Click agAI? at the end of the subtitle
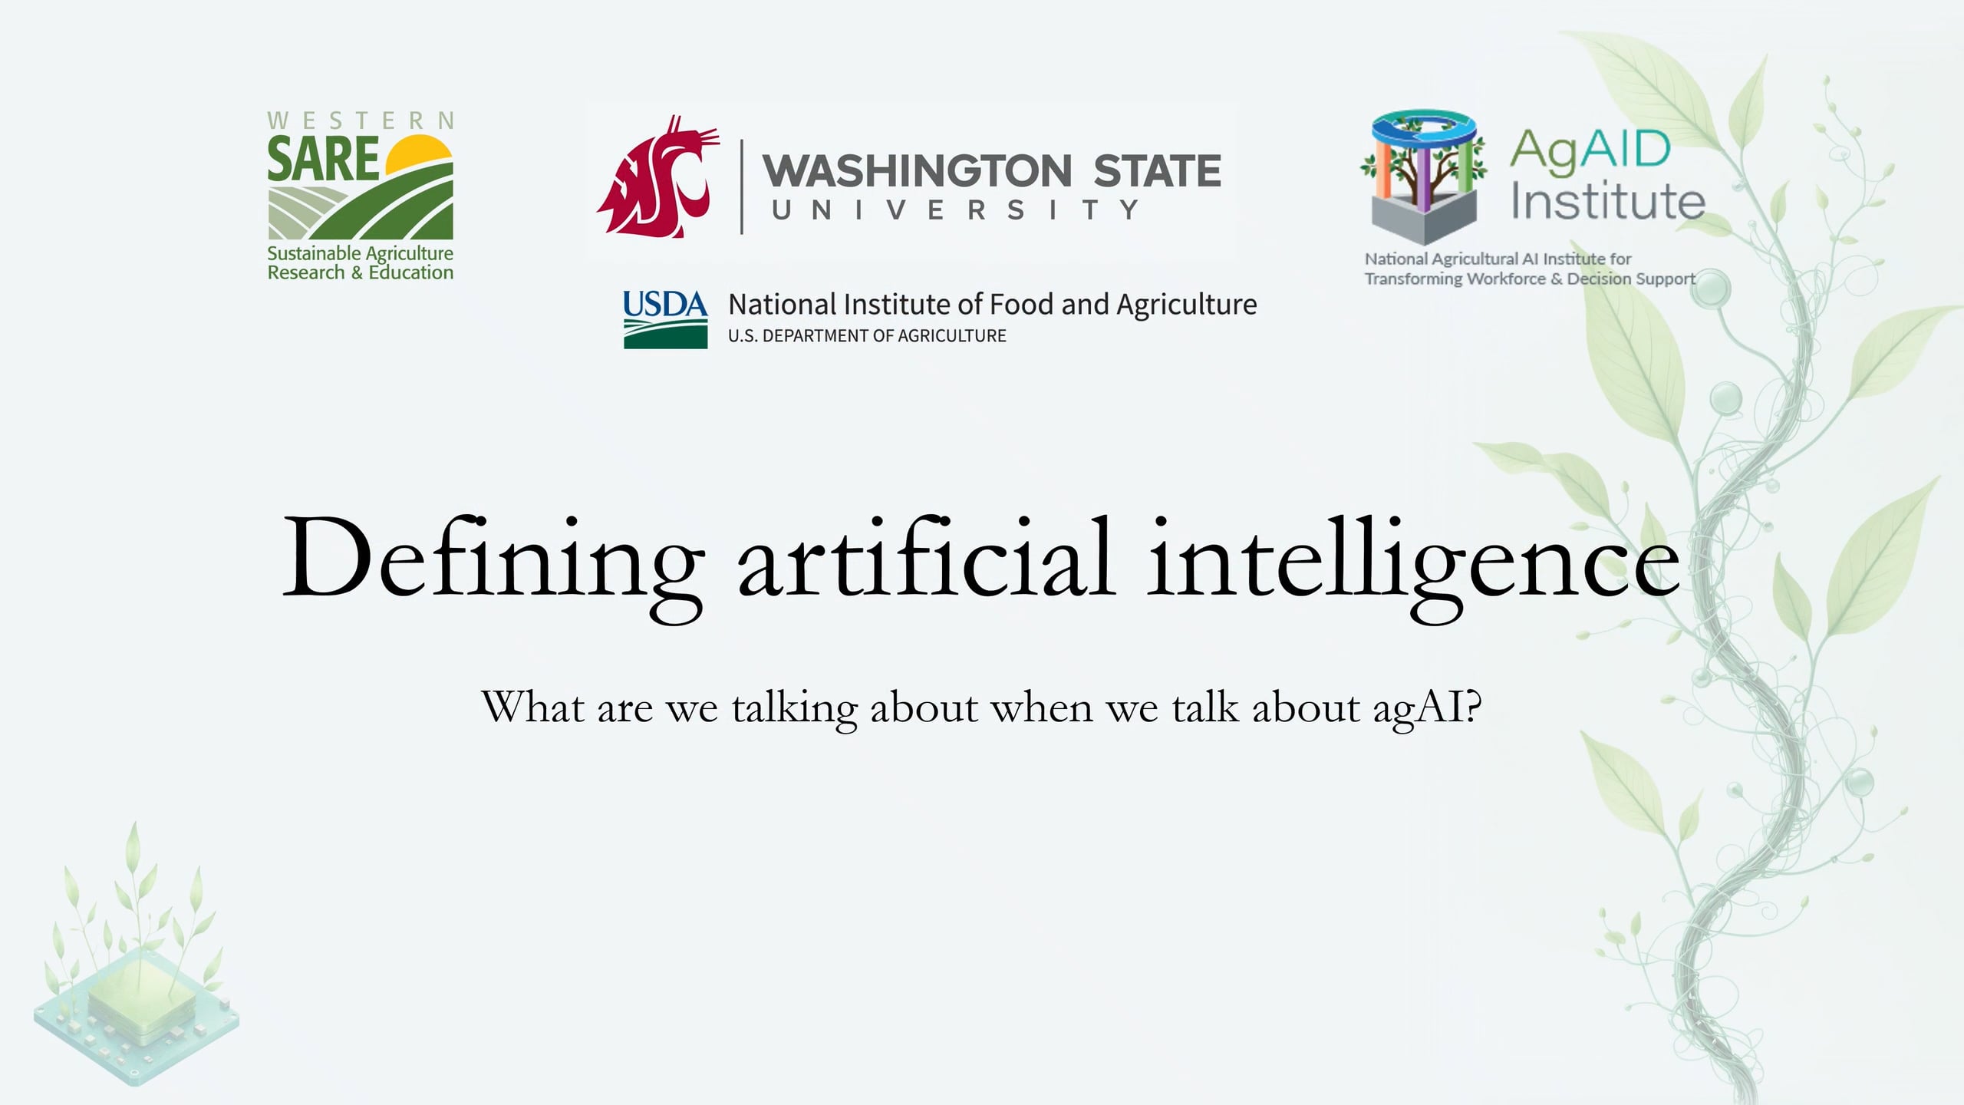(x=1427, y=708)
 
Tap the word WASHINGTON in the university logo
(x=917, y=171)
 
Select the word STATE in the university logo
(x=1157, y=171)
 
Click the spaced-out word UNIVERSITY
(x=955, y=209)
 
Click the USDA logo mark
(x=665, y=319)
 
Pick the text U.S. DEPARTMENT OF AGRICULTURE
(x=867, y=336)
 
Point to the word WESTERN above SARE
(x=361, y=121)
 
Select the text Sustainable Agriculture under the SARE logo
(x=360, y=253)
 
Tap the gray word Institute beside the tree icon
(x=1608, y=201)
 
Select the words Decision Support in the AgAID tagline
(x=1631, y=279)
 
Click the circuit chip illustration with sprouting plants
(x=137, y=998)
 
